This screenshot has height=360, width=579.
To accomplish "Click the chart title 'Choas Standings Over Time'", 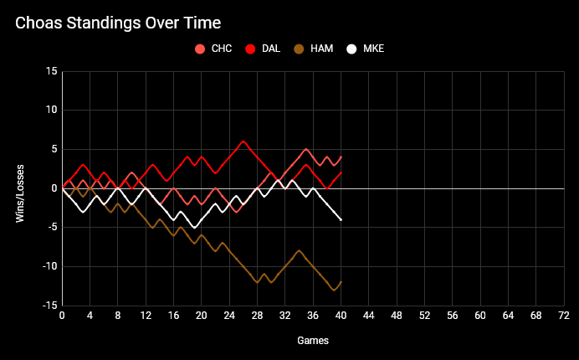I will point(124,23).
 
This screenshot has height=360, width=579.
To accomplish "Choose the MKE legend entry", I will point(366,49).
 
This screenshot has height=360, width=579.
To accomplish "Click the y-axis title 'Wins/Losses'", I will point(19,188).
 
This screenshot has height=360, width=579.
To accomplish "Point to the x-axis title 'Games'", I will point(313,341).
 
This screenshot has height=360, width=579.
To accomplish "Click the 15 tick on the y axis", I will point(52,71).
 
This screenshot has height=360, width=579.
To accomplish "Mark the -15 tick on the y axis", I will point(49,306).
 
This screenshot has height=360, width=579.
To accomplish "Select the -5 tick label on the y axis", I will point(52,228).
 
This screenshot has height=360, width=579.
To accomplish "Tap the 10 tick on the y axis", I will point(52,111).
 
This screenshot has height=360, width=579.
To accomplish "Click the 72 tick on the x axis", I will point(564,316).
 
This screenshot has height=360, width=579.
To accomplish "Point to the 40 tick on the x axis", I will point(341,316).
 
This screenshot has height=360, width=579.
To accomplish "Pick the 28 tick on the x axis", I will point(258,316).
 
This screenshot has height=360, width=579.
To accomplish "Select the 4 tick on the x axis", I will point(90,316).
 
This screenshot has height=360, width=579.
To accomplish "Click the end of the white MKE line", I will point(341,219).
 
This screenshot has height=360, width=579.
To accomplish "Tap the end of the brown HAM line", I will point(341,282).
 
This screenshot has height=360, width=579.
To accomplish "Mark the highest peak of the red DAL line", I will point(243,141).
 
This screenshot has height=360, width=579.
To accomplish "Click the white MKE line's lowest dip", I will point(195,228).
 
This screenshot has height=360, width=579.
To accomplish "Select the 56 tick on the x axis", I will point(453,316).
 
